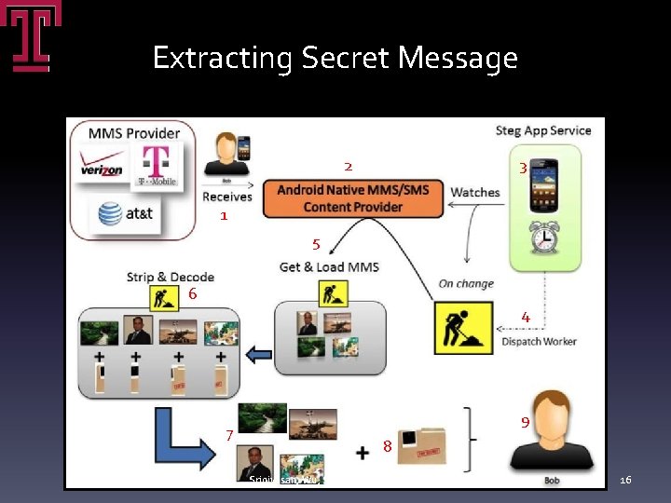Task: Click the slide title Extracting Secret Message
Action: (x=335, y=59)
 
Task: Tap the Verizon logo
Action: (x=101, y=170)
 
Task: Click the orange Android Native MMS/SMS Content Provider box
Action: (x=353, y=198)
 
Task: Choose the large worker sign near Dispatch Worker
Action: (x=463, y=327)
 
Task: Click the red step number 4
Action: (x=526, y=318)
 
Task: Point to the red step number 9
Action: (x=526, y=422)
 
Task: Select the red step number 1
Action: (x=224, y=215)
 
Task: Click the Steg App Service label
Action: (x=543, y=130)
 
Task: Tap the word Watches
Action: (x=475, y=193)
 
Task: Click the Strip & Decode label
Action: (x=171, y=277)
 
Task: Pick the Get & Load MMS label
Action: (x=329, y=267)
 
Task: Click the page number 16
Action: (x=626, y=480)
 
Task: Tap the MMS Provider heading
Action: (x=134, y=133)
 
